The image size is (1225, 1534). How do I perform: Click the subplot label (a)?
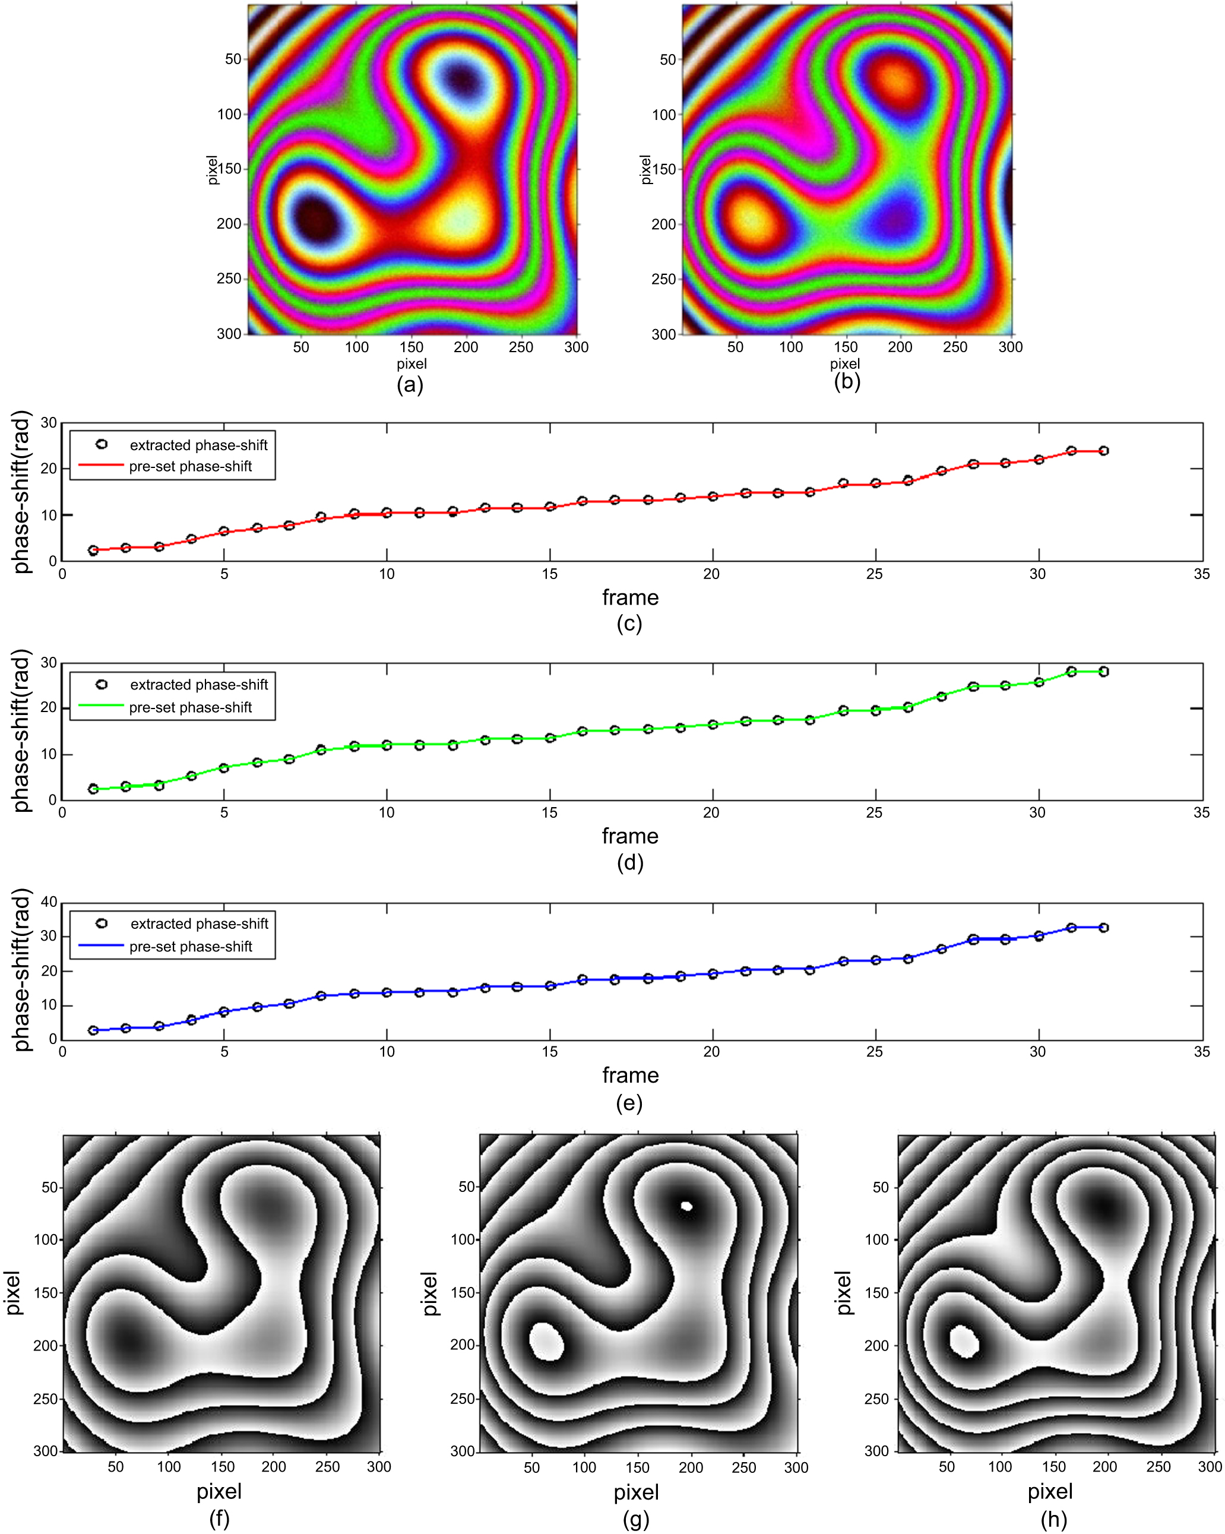point(410,385)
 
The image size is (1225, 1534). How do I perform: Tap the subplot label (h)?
point(1053,1519)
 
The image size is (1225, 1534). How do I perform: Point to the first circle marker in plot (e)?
point(93,1030)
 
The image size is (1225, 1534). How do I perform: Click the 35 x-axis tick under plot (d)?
point(1201,812)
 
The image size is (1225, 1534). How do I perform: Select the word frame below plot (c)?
point(630,597)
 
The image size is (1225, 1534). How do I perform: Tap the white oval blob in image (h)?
point(965,1342)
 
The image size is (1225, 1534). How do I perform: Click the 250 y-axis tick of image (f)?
point(45,1398)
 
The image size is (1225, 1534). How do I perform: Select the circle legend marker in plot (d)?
point(102,684)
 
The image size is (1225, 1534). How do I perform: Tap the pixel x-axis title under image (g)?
point(636,1491)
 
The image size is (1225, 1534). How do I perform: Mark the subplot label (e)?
point(629,1103)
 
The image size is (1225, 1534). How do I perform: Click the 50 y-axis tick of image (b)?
point(667,60)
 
